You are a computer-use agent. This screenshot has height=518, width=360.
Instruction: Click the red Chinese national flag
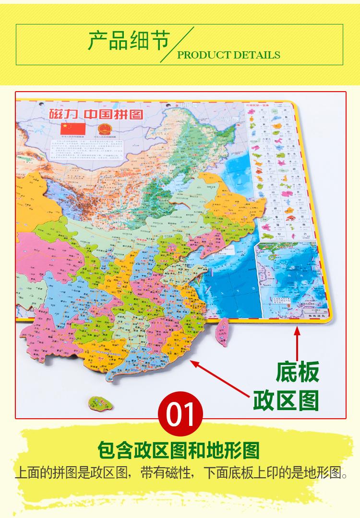[72, 129]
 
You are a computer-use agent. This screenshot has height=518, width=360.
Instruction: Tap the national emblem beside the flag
[103, 129]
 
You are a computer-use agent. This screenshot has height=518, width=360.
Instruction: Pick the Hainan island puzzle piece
[101, 403]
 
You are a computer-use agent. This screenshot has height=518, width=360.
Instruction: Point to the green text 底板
[297, 373]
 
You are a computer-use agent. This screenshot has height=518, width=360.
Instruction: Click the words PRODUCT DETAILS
[228, 55]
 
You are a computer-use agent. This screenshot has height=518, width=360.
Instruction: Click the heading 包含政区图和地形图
[178, 450]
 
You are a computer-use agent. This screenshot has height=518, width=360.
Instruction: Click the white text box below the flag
[89, 149]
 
